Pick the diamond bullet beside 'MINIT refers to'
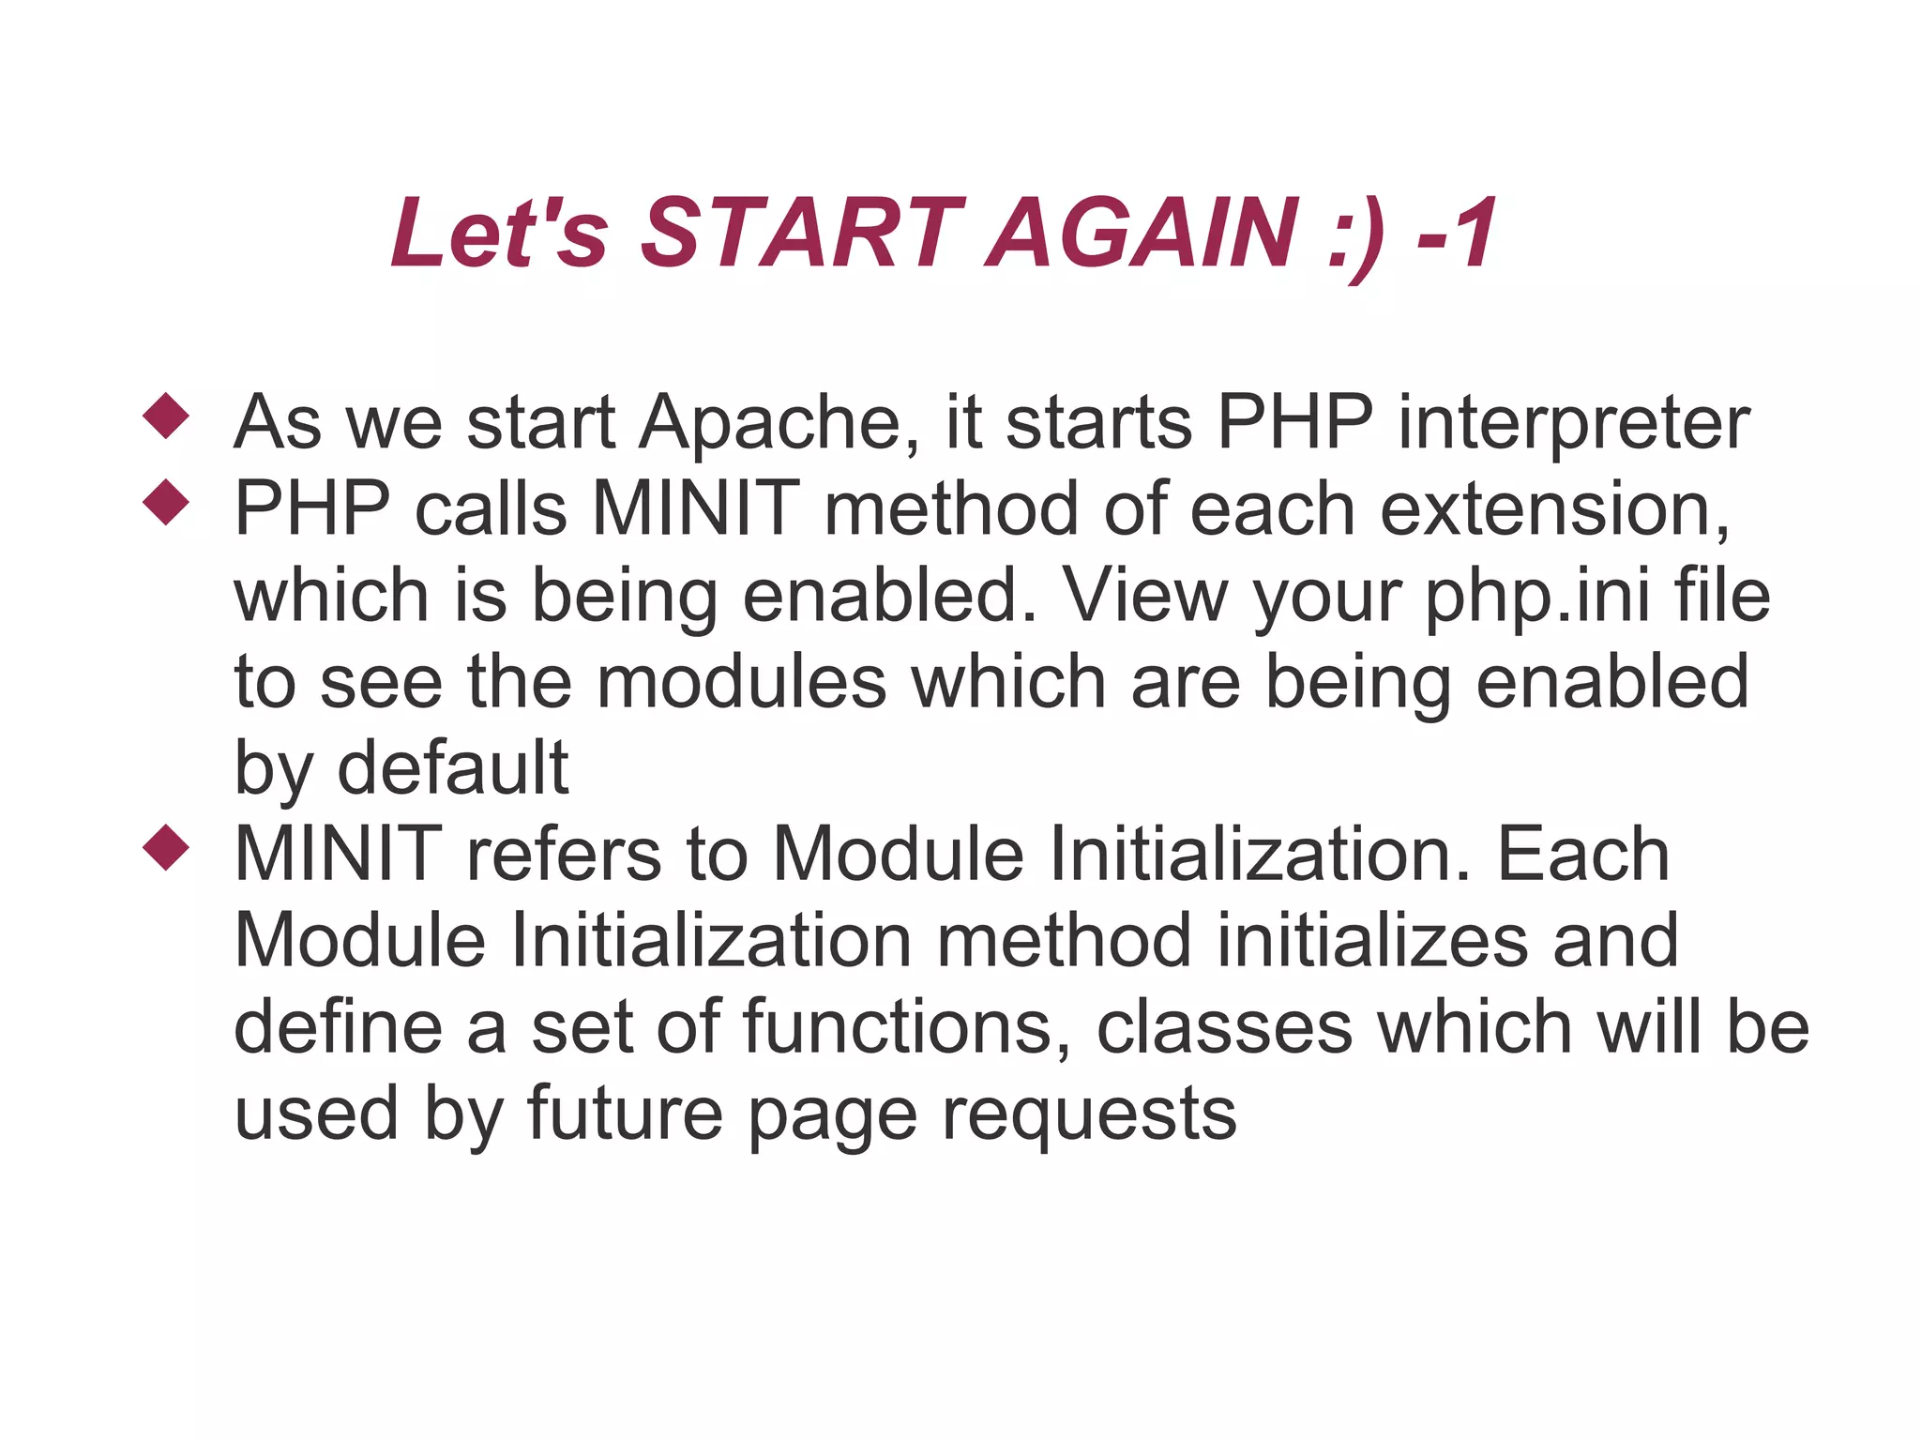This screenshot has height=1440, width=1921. pyautogui.click(x=166, y=847)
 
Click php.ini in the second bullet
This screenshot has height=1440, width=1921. pyautogui.click(x=1536, y=598)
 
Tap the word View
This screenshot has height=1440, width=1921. pyautogui.click(x=1144, y=597)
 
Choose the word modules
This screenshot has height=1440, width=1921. pyautogui.click(x=741, y=683)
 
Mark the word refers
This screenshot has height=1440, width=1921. pyautogui.click(x=564, y=856)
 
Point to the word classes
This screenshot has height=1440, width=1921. pyautogui.click(x=1224, y=1028)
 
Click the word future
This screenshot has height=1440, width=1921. pyautogui.click(x=625, y=1114)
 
